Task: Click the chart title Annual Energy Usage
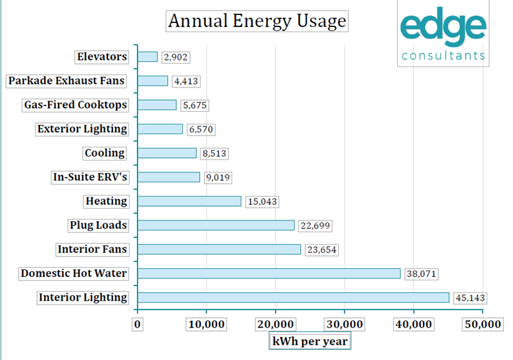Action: [256, 21]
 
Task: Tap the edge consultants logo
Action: [443, 33]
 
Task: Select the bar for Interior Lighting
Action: [293, 297]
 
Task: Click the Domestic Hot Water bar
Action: [269, 273]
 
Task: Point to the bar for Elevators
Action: [148, 57]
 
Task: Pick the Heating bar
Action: [189, 201]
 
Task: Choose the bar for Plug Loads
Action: [216, 225]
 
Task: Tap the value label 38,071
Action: [421, 274]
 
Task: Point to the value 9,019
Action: [218, 178]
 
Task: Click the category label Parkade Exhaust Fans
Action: [66, 81]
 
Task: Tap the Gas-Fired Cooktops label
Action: [74, 105]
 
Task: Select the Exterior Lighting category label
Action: [82, 129]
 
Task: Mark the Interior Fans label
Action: [91, 249]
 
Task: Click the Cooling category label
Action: [105, 153]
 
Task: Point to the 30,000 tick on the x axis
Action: [345, 324]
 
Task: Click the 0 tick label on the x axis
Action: [137, 324]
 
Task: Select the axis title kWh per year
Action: [309, 342]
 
